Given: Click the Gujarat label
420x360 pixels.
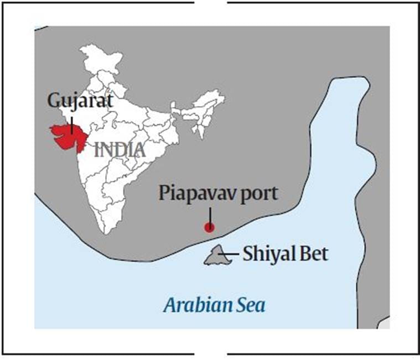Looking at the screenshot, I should click(79, 102).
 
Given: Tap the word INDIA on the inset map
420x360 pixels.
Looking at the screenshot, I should click(120, 150).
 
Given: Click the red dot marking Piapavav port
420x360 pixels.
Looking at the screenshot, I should click(209, 227).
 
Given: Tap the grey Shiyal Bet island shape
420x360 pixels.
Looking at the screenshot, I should click(216, 255).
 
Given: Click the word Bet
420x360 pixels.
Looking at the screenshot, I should click(313, 254).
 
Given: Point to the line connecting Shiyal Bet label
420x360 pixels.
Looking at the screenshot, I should click(232, 254).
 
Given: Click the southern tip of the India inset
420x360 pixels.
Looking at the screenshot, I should click(108, 233).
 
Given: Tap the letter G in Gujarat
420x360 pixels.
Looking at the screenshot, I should click(53, 102).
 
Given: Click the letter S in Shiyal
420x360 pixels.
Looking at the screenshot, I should click(247, 254).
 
